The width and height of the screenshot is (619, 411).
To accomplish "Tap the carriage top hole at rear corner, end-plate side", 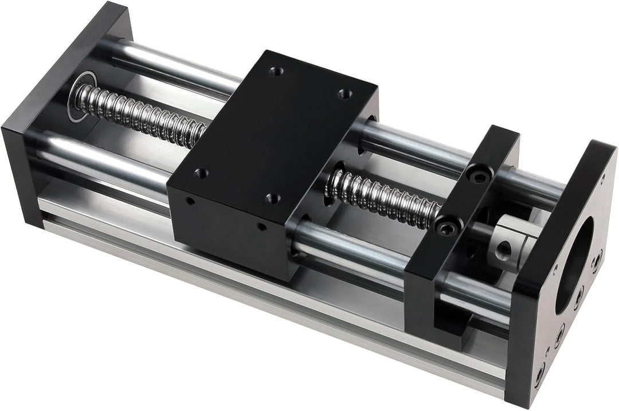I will [274, 71].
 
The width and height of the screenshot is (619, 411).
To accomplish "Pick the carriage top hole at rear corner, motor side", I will [344, 93].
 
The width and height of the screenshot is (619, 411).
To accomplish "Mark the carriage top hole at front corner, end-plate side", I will [200, 171].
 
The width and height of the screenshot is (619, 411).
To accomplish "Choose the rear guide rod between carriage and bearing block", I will [413, 143].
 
